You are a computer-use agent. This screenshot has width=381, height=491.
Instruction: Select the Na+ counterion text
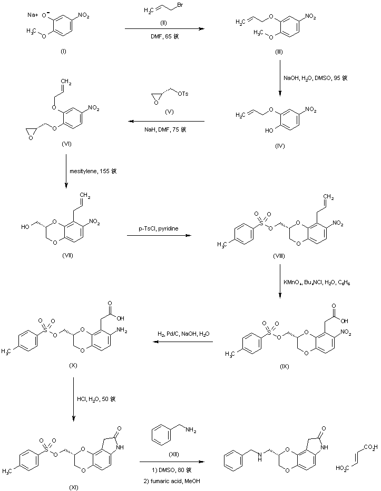click(x=32, y=16)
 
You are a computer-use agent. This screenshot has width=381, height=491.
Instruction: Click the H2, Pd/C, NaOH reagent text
click(x=183, y=335)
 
